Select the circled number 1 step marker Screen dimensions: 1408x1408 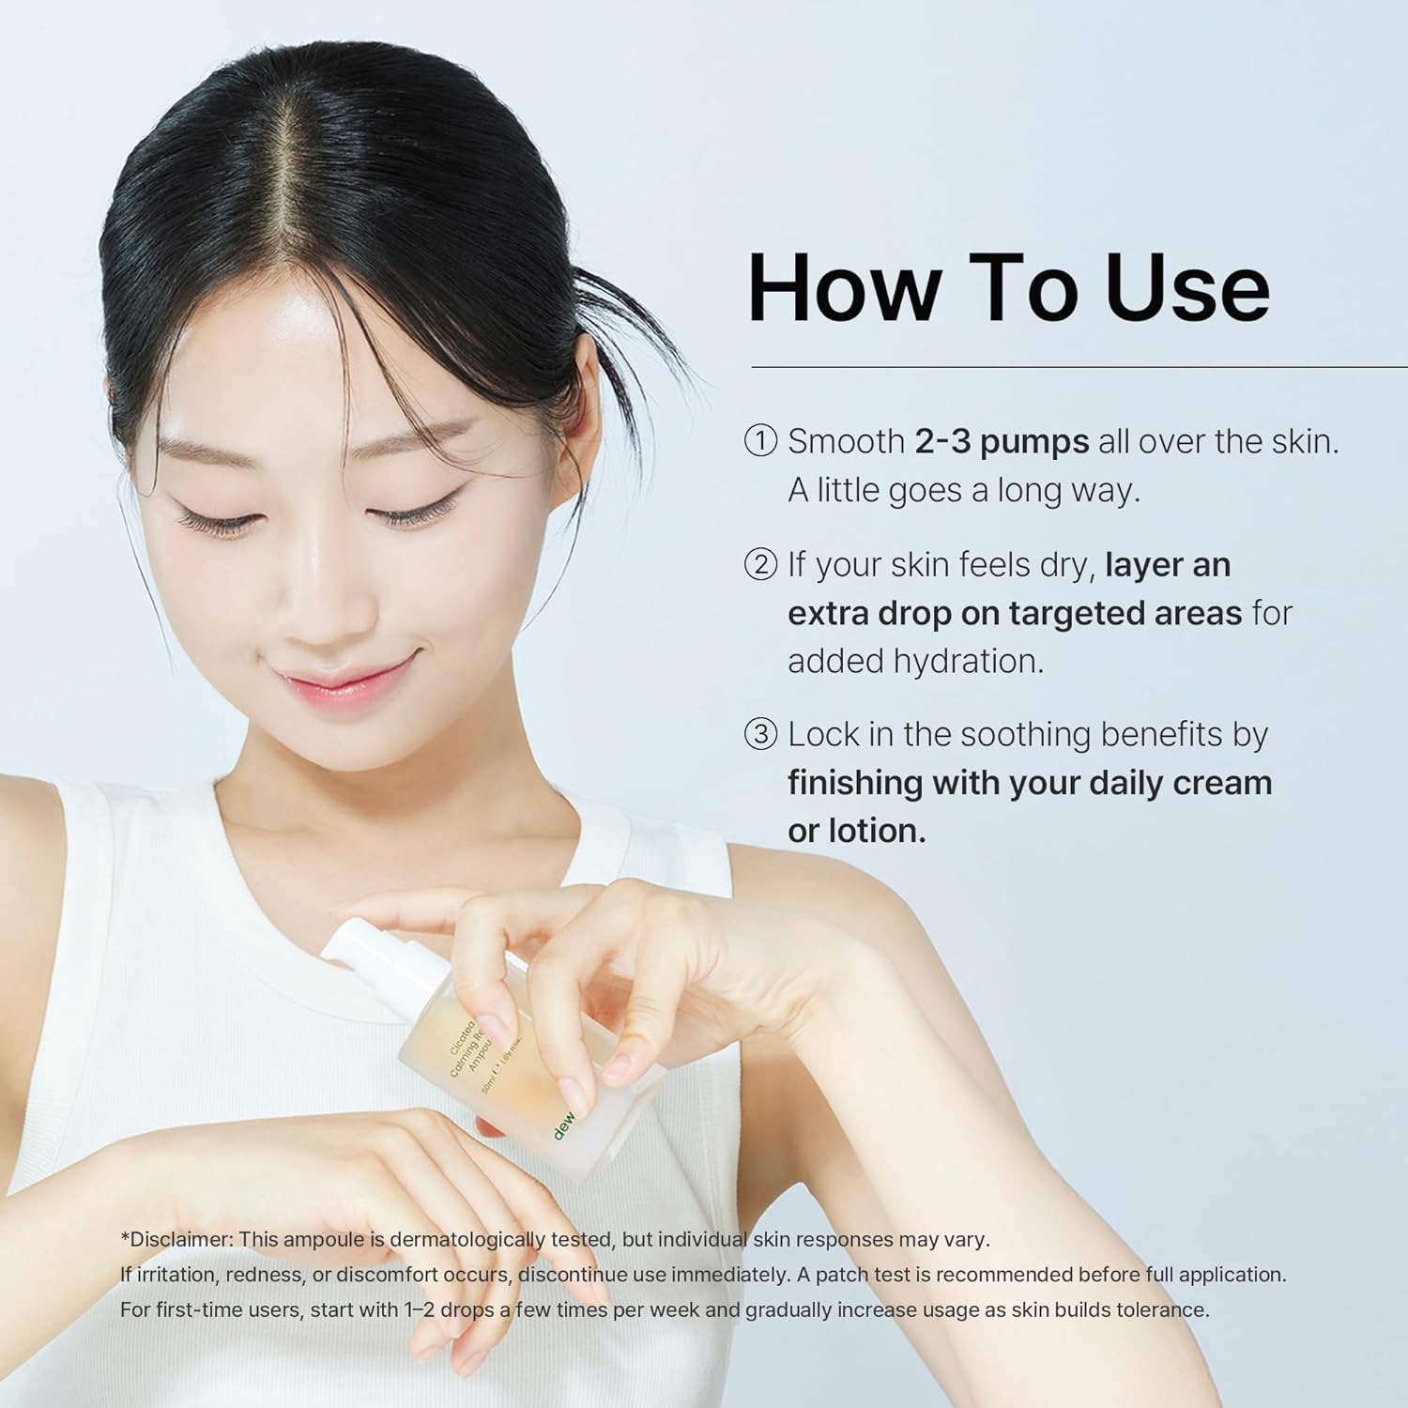(x=761, y=441)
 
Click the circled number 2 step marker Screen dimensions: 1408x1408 (x=761, y=564)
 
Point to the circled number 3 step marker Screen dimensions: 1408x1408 (x=761, y=734)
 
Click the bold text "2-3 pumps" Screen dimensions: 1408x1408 (x=1002, y=441)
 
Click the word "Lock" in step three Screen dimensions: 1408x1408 (x=822, y=734)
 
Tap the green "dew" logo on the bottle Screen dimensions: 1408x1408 (x=565, y=1125)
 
